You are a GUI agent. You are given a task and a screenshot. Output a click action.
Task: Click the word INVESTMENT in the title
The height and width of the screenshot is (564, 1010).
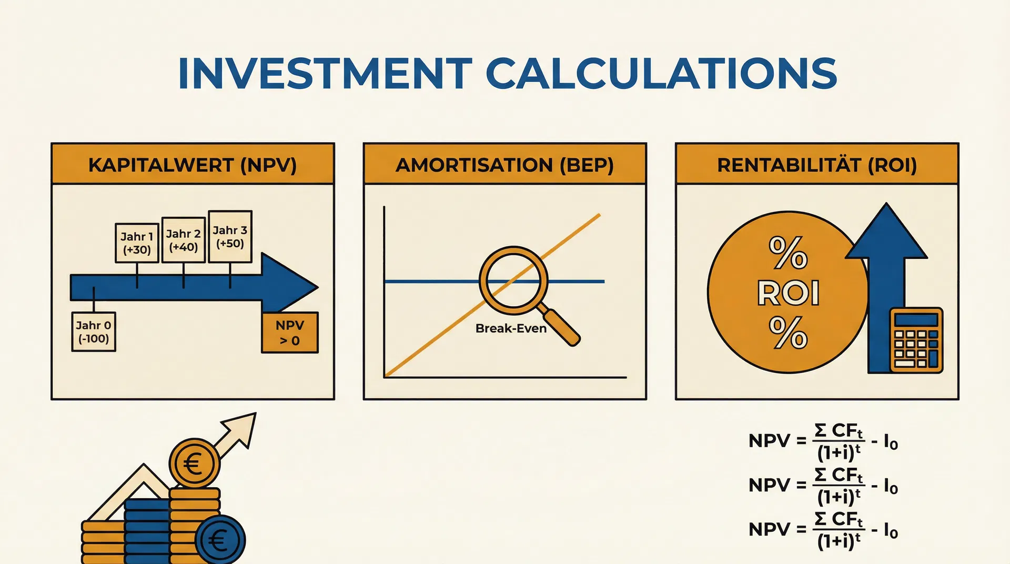325,73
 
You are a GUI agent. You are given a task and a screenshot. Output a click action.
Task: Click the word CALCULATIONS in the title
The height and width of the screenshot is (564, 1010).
661,73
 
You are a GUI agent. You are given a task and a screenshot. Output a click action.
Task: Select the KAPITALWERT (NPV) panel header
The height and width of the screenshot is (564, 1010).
193,164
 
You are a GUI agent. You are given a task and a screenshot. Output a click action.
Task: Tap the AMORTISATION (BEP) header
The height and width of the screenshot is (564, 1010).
505,164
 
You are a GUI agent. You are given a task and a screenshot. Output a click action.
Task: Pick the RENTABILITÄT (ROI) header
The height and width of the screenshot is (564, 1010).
817,164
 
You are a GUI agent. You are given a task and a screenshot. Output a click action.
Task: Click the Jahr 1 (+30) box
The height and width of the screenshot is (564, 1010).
137,243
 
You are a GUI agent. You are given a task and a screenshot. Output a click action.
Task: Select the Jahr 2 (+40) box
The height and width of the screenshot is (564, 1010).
184,240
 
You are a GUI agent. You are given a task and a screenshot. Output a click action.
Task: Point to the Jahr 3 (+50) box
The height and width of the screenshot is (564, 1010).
230,236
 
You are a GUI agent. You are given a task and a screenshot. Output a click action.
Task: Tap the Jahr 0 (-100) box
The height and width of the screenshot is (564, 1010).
94,332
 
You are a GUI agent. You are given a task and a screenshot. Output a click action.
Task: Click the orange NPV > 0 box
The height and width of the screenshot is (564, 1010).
290,333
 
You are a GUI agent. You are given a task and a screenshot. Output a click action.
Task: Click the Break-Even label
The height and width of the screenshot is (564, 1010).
511,328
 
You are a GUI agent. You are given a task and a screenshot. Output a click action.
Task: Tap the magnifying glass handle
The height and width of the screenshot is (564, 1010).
561,327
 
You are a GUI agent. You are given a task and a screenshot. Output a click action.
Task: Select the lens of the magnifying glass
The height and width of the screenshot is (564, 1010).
513,280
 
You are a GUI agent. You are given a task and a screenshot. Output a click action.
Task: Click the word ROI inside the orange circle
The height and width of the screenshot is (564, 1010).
788,293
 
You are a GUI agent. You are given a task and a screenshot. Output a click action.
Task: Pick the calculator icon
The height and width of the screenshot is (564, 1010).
916,340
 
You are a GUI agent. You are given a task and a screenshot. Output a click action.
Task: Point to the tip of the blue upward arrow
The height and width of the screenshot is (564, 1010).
887,203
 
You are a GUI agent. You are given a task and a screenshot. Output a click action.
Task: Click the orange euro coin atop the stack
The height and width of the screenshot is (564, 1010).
195,464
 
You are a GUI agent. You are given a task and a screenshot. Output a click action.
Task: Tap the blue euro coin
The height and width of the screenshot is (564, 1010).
220,539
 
